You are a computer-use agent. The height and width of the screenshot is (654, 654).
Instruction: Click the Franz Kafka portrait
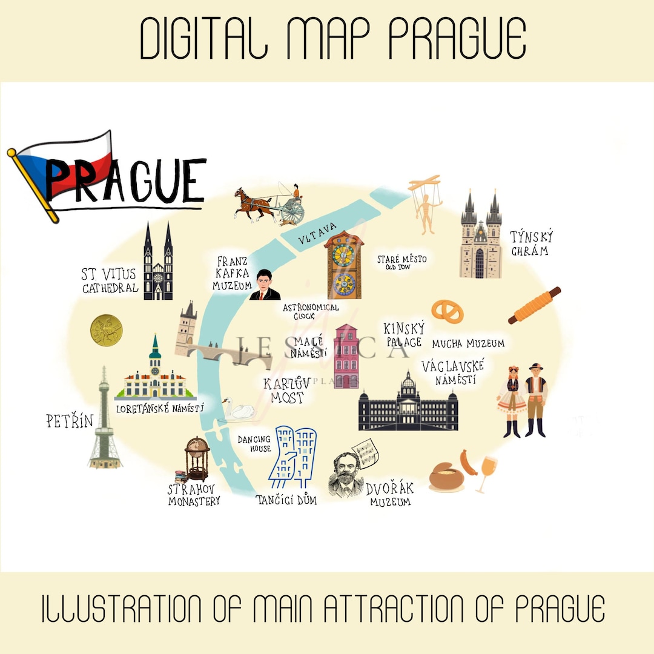(265, 286)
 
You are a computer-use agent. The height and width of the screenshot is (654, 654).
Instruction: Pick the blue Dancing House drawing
(294, 457)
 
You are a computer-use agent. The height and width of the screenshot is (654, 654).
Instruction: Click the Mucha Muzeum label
(467, 344)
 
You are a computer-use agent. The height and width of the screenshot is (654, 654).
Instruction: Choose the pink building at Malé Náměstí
(346, 356)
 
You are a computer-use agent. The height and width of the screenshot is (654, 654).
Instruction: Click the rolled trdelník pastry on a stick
(534, 305)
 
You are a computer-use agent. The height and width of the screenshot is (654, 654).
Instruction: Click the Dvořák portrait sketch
(346, 474)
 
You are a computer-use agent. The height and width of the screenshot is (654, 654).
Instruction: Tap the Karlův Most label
(286, 391)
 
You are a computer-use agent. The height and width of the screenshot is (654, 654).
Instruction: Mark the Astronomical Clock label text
(311, 311)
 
